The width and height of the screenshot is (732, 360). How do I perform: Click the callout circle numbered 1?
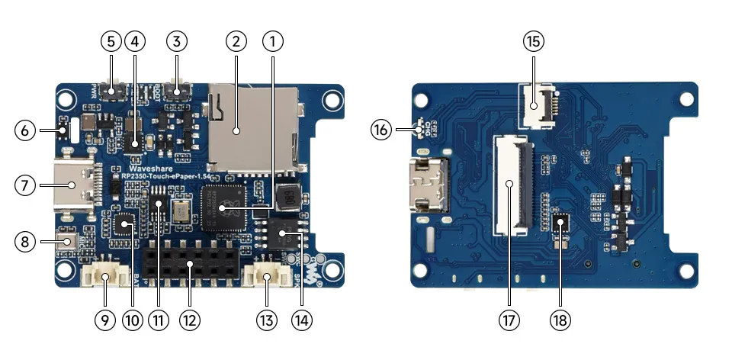click(272, 40)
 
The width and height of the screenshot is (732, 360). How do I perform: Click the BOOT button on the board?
click(177, 93)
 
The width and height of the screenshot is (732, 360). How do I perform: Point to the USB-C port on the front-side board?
click(74, 185)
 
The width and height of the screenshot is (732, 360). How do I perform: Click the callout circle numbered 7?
click(27, 185)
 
